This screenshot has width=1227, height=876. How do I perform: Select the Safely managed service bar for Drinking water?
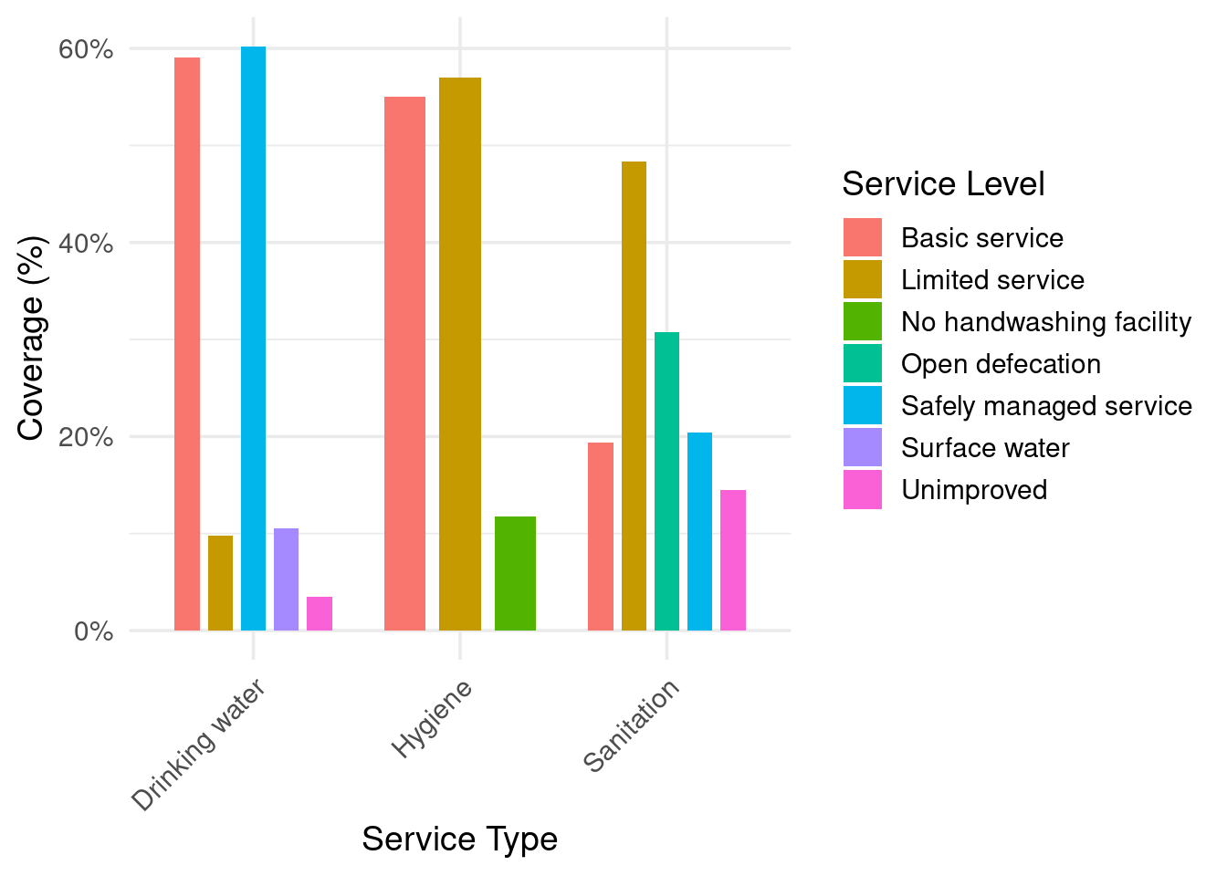pos(253,339)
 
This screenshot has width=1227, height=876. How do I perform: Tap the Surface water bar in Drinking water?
pos(286,579)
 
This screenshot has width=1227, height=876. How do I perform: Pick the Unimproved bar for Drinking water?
pos(320,613)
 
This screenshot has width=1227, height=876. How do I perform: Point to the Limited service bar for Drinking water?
pos(220,583)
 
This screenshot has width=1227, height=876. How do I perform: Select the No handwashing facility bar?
pos(515,573)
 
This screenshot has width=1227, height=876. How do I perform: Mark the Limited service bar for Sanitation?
pos(634,396)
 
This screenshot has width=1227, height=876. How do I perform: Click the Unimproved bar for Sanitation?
pos(733,560)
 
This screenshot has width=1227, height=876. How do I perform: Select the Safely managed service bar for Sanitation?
pos(699,531)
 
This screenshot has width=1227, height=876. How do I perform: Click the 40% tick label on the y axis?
pos(86,244)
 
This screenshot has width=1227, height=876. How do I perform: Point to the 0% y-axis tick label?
pos(93,631)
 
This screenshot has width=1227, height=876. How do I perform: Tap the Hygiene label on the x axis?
pos(433,719)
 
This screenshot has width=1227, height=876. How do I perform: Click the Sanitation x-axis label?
pos(632,726)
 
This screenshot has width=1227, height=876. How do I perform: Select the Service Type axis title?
pos(459,839)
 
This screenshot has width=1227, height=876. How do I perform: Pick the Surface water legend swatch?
pos(863,448)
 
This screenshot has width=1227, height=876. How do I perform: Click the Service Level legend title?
pos(943,184)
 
